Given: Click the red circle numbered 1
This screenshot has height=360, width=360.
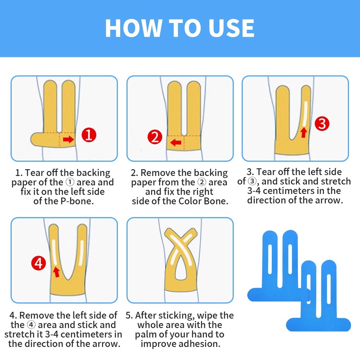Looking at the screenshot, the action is (89, 135).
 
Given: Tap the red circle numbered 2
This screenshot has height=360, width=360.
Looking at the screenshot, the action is (155, 137).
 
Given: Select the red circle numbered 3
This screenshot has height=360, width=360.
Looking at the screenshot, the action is (322, 124).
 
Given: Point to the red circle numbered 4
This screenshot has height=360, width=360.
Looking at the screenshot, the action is (39, 263).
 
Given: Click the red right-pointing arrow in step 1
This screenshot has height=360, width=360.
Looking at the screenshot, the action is (68, 139).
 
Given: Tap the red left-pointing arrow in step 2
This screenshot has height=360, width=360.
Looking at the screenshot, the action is (176, 142).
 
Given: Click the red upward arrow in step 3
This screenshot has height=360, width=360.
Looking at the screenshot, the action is (304, 132).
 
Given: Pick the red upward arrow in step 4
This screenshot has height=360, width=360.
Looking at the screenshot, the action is (56, 272).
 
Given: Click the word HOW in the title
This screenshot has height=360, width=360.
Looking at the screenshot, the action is (133, 28).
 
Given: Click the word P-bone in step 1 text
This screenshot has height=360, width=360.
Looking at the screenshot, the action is (77, 201).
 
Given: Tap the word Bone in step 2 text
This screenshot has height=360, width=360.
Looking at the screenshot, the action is (216, 201).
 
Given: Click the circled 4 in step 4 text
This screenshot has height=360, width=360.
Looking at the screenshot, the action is (31, 325).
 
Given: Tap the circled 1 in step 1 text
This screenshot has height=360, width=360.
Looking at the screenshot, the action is (70, 182).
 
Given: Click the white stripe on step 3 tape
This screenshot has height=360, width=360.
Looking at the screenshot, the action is (305, 114).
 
